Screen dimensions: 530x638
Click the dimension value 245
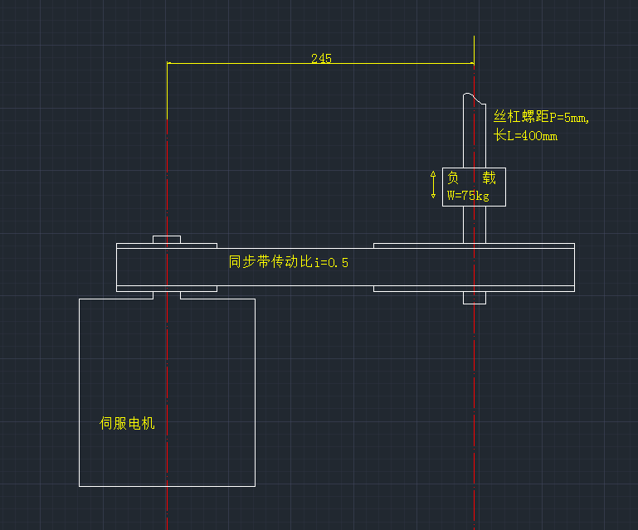point(321,58)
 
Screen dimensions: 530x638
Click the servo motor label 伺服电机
point(127,424)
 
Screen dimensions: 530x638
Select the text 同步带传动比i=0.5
point(289,262)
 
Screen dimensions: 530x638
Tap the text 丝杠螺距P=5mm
point(541,117)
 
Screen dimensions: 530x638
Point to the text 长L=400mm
point(526,135)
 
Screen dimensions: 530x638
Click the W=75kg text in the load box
point(468,197)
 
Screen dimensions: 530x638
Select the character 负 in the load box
point(453,178)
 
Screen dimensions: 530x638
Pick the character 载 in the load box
point(489,178)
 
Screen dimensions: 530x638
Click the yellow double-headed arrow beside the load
point(433,183)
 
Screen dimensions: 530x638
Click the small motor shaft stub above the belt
point(167,240)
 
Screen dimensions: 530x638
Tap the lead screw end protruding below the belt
point(474,298)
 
